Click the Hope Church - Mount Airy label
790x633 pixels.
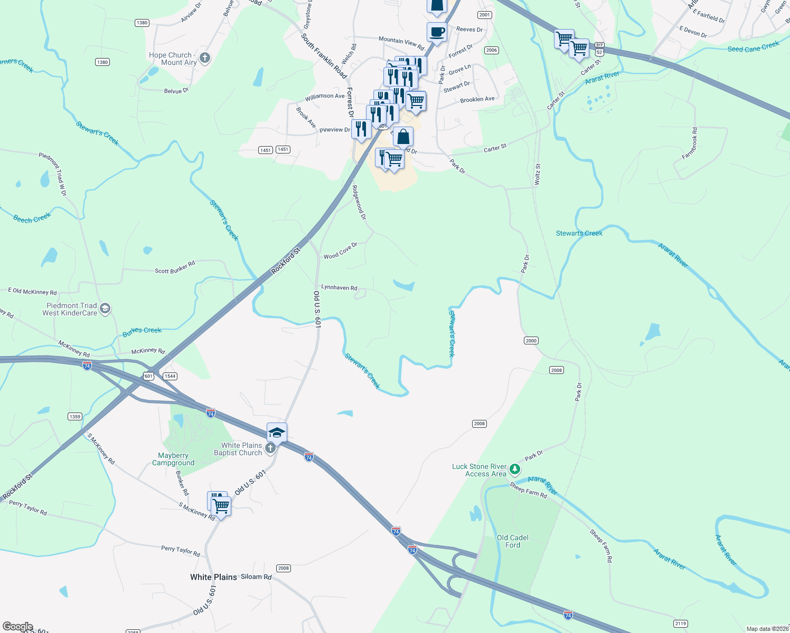click(173, 59)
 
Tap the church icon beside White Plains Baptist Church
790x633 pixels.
click(270, 449)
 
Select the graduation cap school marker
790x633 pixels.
click(277, 433)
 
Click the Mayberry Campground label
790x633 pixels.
click(173, 459)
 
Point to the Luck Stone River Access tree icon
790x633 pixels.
click(515, 469)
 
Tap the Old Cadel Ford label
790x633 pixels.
click(512, 541)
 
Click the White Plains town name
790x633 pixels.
click(213, 577)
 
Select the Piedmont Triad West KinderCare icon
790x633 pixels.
click(105, 309)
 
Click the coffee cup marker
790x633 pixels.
click(437, 32)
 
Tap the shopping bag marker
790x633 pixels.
click(403, 137)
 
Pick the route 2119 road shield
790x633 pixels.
click(681, 624)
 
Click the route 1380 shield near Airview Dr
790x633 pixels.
click(142, 23)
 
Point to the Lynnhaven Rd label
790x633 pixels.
click(339, 287)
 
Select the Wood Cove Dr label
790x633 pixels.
click(340, 251)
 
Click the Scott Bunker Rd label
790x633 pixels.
click(175, 267)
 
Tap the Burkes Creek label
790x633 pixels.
click(142, 331)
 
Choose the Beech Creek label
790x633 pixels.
click(32, 218)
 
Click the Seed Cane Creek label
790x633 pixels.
click(753, 47)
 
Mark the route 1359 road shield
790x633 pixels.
click(75, 417)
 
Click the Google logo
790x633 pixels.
click(18, 627)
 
